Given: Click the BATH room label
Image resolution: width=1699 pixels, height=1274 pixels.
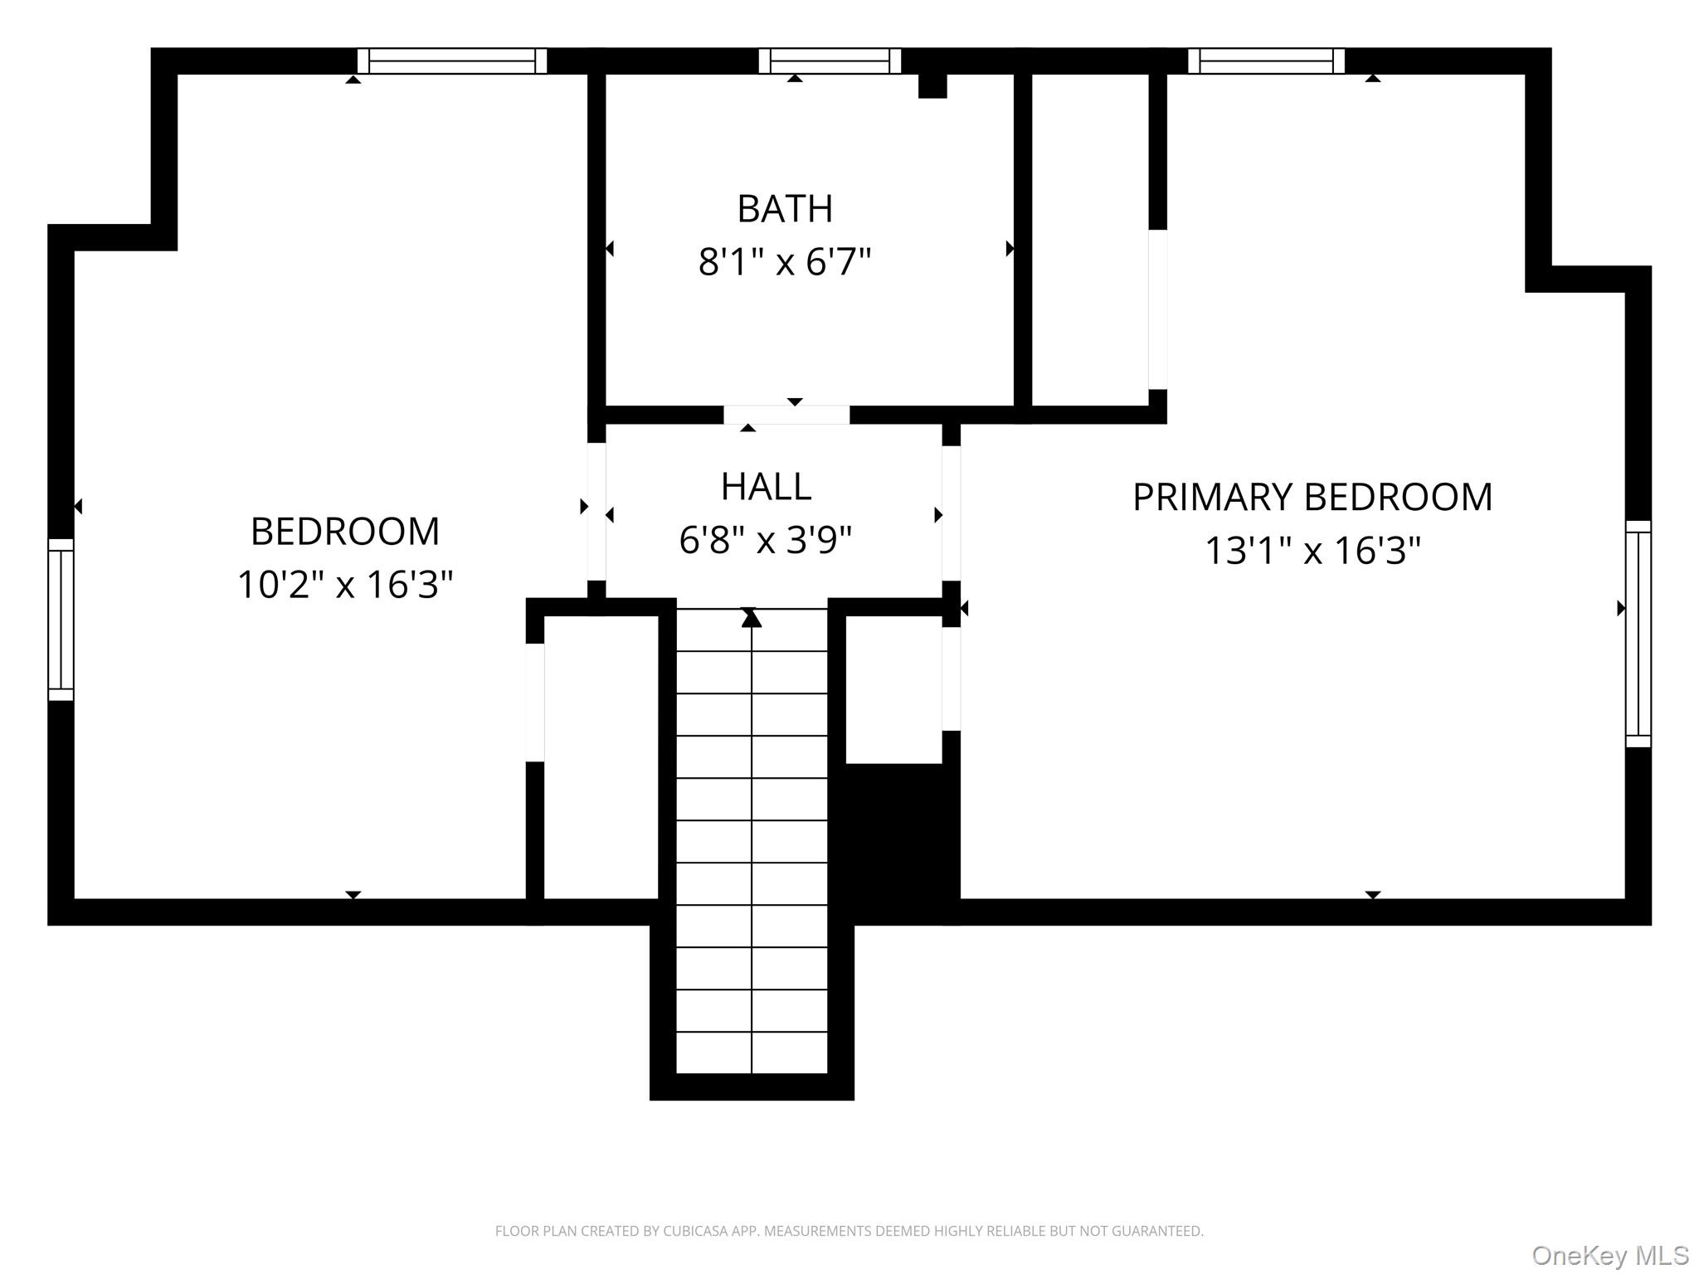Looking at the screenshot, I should point(784,209).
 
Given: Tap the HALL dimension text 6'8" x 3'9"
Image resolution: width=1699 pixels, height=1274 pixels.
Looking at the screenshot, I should point(765,541).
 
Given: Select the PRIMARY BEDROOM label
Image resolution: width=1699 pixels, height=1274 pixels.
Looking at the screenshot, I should point(1312,498).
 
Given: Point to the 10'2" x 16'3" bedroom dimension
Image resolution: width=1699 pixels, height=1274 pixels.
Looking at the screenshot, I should point(345,585).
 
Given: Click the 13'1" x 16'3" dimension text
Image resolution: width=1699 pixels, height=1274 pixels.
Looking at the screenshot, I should point(1312,551).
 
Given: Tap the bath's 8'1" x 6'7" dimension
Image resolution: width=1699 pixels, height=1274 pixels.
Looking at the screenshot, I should point(784,262).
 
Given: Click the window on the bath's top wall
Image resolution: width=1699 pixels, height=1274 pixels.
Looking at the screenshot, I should point(830,61).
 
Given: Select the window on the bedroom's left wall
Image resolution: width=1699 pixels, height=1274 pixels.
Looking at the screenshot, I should point(61,619).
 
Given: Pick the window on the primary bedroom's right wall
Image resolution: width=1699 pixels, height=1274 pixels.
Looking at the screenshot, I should point(1638,634).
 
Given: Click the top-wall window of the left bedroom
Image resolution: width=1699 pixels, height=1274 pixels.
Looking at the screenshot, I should point(452,61).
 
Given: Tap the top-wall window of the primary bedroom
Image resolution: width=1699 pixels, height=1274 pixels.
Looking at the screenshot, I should point(1266,61).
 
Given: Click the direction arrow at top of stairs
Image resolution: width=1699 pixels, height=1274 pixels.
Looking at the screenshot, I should point(752,618).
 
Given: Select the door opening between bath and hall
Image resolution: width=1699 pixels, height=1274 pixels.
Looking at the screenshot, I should point(786,415).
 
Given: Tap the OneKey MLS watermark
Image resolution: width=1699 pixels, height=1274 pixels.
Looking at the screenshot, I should point(1609,1255).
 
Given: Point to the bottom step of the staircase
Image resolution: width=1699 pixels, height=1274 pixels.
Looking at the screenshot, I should point(752,1053).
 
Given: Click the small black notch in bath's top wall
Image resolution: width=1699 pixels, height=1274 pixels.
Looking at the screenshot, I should point(932,85).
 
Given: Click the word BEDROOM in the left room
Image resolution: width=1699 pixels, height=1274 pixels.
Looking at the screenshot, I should point(345,532).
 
